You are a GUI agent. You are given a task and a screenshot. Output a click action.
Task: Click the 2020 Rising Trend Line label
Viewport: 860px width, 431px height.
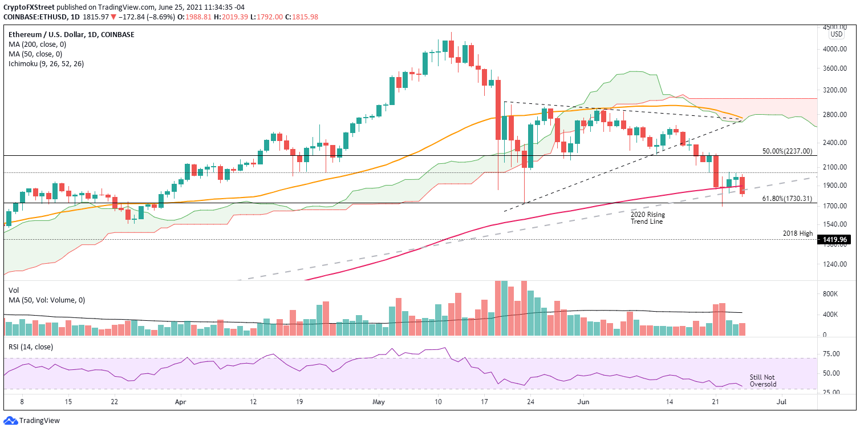[648, 218]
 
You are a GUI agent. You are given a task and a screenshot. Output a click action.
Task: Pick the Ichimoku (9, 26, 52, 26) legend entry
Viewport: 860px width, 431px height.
[46, 64]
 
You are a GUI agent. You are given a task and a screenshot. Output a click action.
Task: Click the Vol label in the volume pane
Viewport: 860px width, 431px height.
[14, 290]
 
